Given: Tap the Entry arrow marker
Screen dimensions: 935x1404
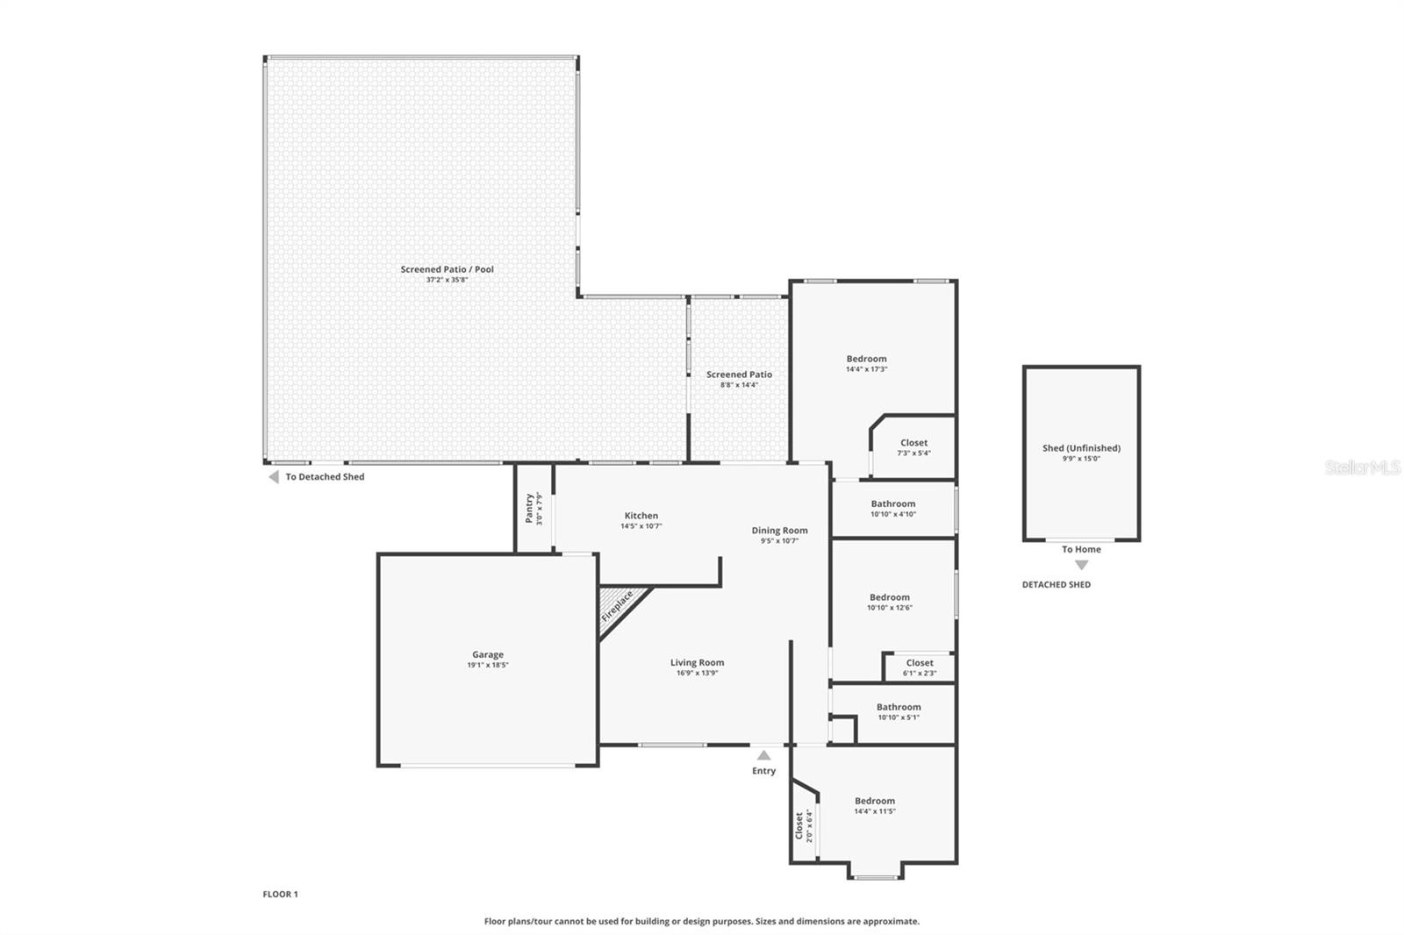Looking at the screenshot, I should pyautogui.click(x=763, y=755).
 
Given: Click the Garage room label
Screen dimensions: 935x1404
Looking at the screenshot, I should pyautogui.click(x=488, y=654).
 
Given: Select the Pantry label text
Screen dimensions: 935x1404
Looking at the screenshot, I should pyautogui.click(x=529, y=508).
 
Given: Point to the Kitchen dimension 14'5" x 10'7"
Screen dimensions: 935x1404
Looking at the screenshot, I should pyautogui.click(x=641, y=526).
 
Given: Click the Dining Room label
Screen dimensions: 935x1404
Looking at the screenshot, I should pyautogui.click(x=779, y=530).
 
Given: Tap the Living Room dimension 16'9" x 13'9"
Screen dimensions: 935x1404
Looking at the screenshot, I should pyautogui.click(x=697, y=674).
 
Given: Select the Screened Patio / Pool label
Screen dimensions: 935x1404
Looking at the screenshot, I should pyautogui.click(x=447, y=269).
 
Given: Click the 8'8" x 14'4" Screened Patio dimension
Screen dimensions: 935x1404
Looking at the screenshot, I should pyautogui.click(x=739, y=385).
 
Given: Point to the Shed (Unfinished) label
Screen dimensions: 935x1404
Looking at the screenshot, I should pyautogui.click(x=1081, y=448).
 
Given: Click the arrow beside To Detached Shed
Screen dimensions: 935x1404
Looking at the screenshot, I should pyautogui.click(x=273, y=477).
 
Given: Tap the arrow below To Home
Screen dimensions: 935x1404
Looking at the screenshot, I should pyautogui.click(x=1081, y=565).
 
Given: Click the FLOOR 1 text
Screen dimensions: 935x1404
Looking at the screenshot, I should pyautogui.click(x=280, y=895).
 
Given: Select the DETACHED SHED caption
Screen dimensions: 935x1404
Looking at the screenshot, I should pyautogui.click(x=1056, y=584).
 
